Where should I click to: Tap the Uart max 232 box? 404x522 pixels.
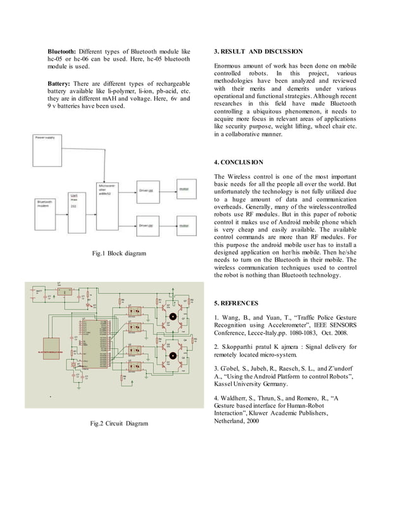76,205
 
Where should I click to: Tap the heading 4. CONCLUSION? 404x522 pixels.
238,162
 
